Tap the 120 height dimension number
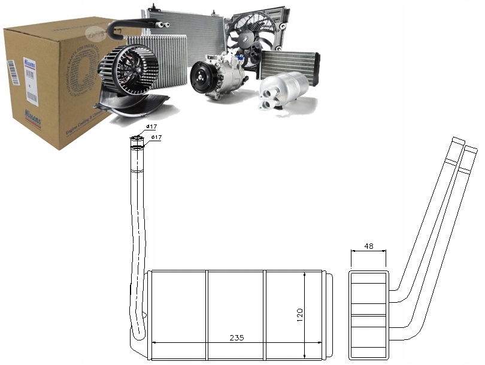click(x=299, y=314)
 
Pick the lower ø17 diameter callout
click(x=156, y=138)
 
